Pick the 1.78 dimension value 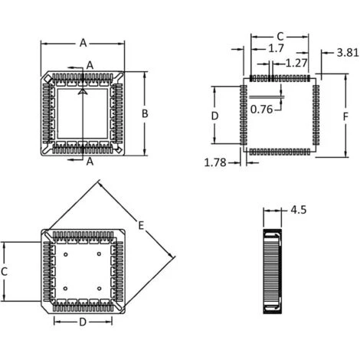coord(215,162)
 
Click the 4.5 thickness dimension coord(299,209)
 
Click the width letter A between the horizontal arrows coord(83,43)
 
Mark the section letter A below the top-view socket coord(90,162)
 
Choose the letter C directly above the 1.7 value coord(280,36)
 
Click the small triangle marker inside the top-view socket coord(81,91)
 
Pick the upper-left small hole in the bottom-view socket coord(67,254)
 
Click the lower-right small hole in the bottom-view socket coord(100,288)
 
